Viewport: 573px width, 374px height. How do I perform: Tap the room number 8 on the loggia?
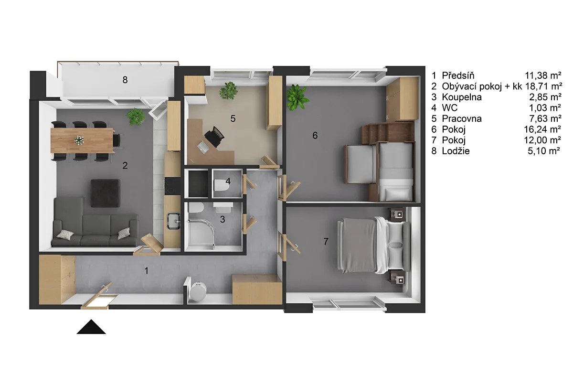[125, 80]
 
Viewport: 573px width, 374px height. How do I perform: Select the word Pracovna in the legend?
[462, 119]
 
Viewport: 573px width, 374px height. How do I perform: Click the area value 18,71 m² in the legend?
[543, 86]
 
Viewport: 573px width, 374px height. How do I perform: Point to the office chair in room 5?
[214, 137]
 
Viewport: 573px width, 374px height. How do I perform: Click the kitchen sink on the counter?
[174, 221]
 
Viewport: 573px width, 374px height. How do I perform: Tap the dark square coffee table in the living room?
[106, 193]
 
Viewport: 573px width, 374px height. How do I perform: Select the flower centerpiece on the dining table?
[79, 140]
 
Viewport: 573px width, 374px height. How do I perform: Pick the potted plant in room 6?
[297, 97]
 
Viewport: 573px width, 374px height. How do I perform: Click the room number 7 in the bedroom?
[326, 241]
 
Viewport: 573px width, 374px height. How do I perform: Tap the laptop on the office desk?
[203, 148]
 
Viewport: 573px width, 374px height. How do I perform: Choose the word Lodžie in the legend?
[456, 151]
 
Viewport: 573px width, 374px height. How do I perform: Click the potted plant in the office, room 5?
[228, 90]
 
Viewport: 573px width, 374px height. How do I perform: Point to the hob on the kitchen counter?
[172, 186]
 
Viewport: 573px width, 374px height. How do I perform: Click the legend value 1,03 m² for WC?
[545, 108]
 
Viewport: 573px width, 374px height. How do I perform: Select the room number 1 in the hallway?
[146, 271]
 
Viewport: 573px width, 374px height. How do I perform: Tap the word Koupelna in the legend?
[462, 97]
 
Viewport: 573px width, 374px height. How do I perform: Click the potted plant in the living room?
[136, 117]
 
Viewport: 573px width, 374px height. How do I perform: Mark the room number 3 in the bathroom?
[223, 219]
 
